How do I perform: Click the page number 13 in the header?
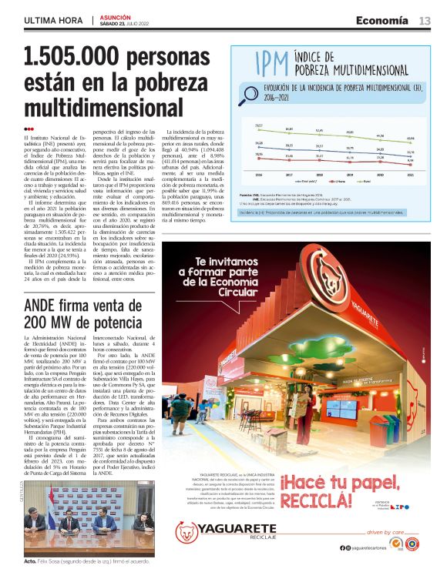[425, 21]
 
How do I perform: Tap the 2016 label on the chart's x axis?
[259, 175]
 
